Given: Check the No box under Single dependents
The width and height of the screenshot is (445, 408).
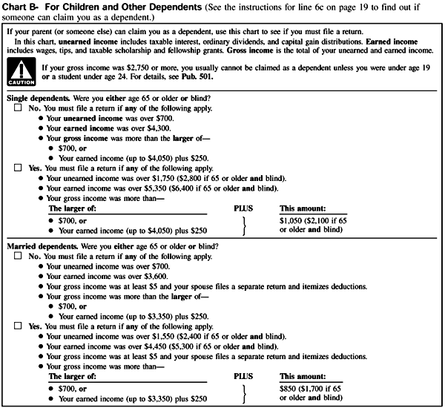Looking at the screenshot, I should coord(17,108).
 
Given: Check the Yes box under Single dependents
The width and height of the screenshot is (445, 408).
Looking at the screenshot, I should coord(17,168).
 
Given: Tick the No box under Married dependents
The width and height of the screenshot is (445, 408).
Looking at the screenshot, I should coord(17,255).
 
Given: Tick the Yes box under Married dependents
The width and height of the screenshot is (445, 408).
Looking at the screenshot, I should coord(17,326).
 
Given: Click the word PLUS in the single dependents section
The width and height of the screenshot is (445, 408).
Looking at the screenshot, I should coord(244,209).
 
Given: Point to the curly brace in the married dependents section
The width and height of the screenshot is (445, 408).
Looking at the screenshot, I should coord(245,393).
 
